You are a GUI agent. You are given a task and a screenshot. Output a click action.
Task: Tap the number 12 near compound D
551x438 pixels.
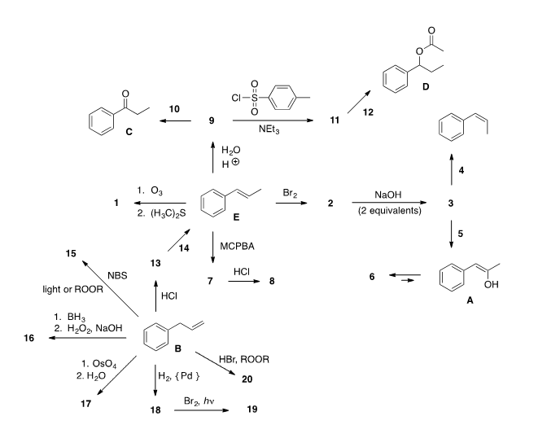point(368,112)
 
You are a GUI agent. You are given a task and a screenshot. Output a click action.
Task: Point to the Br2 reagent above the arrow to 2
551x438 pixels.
point(290,191)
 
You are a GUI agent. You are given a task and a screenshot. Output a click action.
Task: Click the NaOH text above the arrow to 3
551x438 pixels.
point(389,195)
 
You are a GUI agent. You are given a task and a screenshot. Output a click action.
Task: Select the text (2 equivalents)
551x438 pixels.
point(389,211)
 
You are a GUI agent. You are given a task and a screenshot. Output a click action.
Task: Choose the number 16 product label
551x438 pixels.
point(29,337)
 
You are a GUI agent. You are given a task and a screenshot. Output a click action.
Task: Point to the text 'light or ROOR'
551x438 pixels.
point(71,290)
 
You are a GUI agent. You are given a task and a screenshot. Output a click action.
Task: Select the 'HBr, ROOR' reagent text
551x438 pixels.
point(244,358)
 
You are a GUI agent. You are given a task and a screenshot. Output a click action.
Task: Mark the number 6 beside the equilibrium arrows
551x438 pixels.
point(371,277)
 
